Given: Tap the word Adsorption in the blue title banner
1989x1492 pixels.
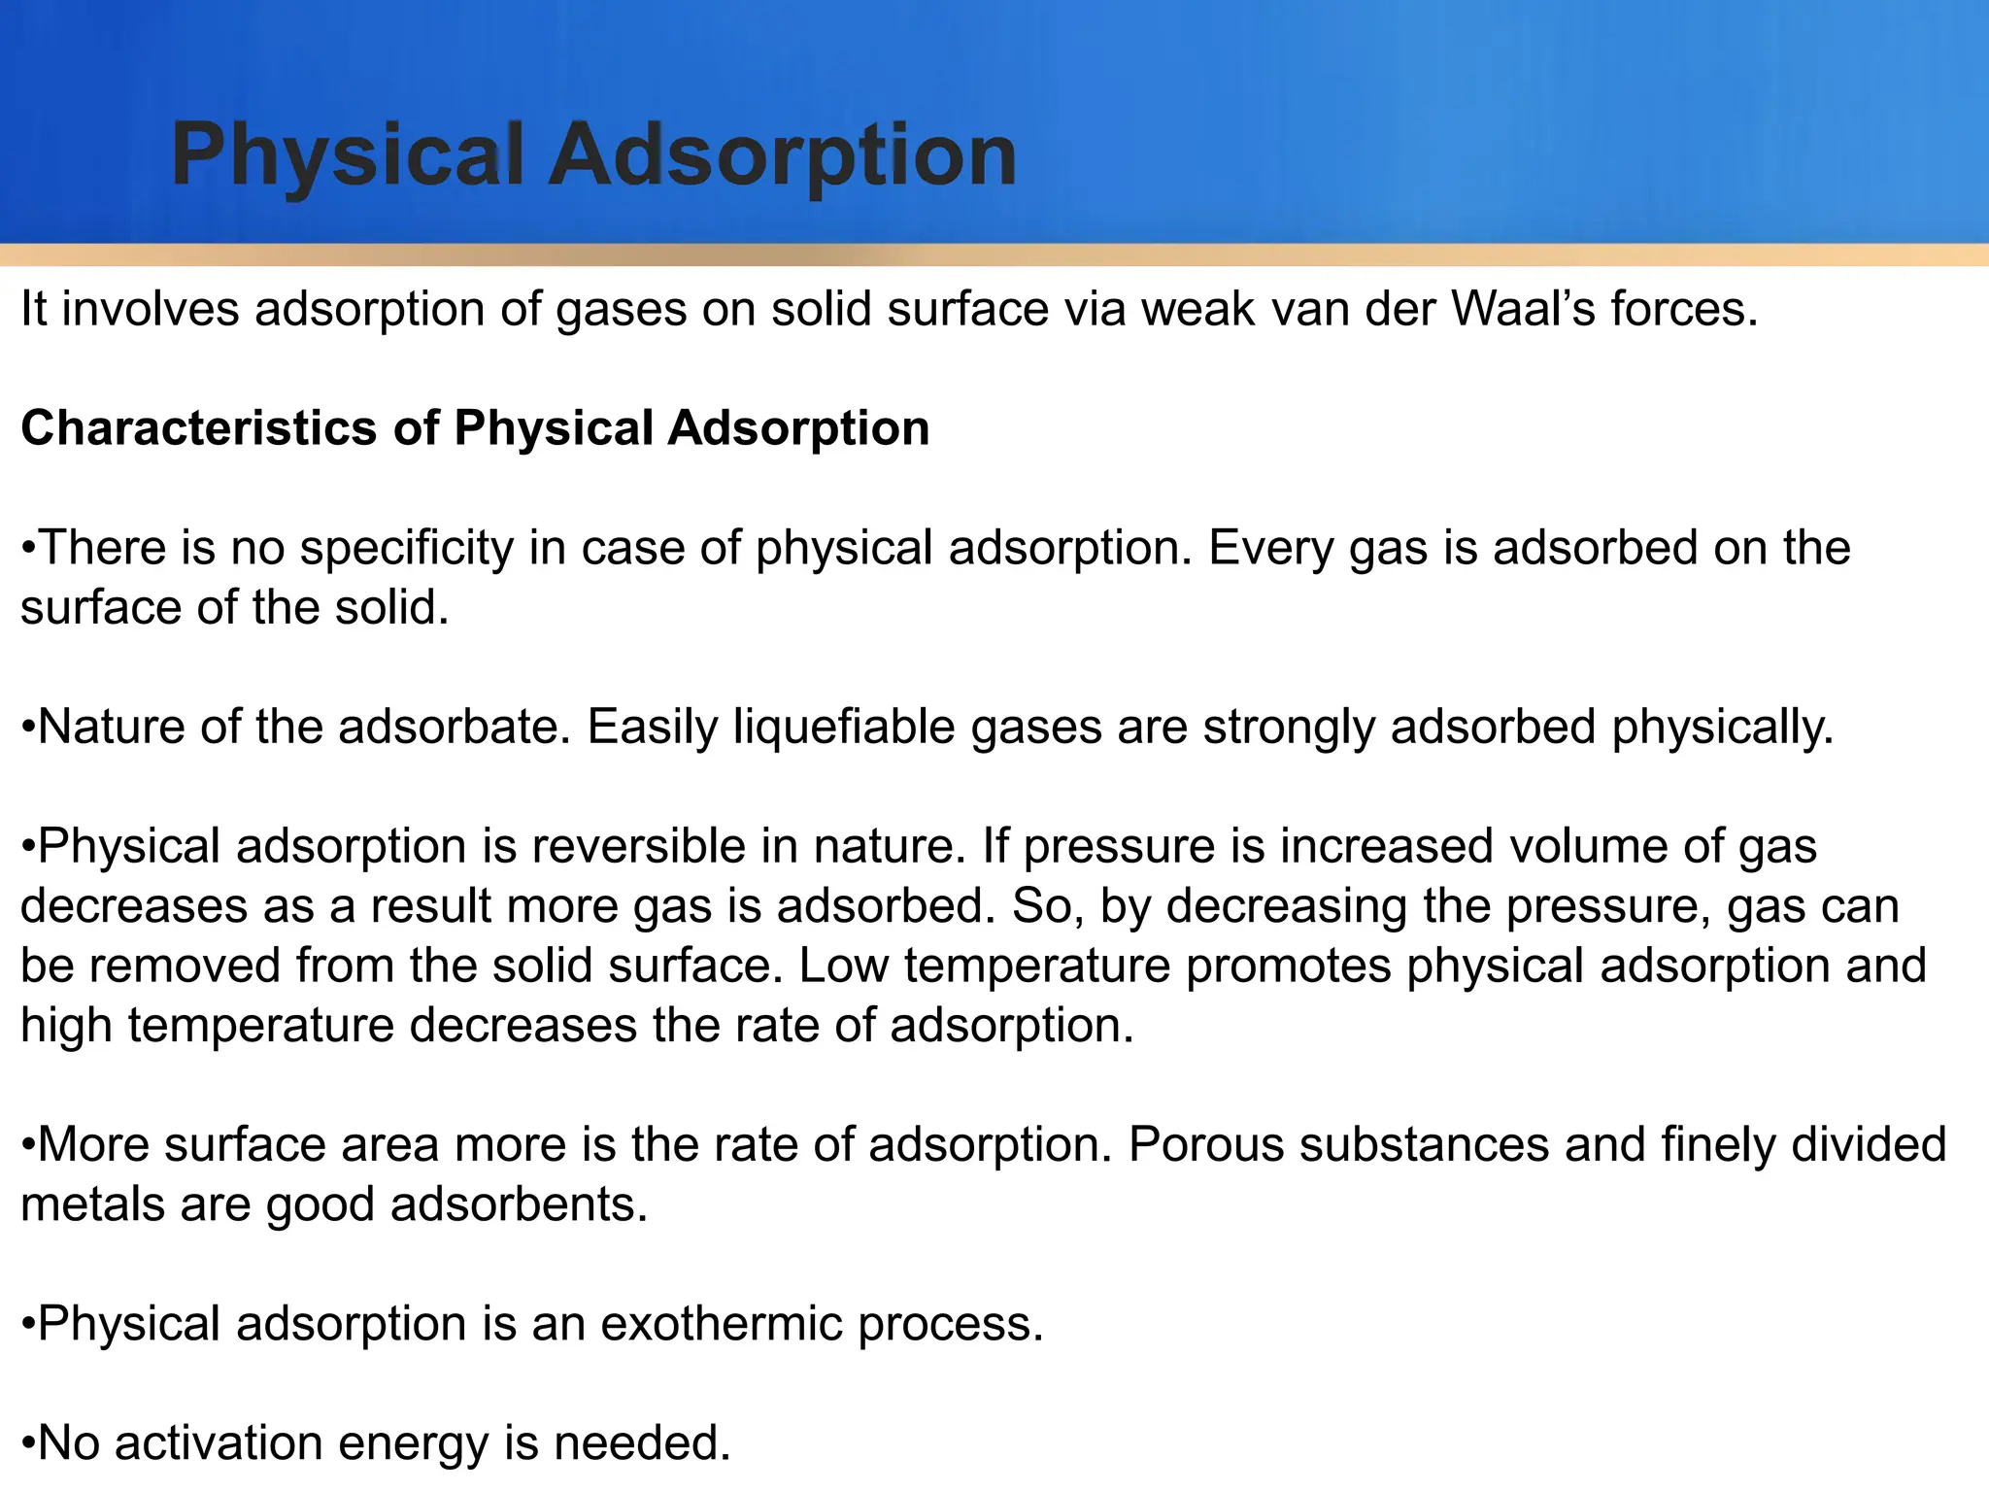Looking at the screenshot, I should [783, 155].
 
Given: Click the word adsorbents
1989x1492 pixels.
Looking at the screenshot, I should [519, 1205].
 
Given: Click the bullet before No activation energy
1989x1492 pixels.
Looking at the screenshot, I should [28, 1444].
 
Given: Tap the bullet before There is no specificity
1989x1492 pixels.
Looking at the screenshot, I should [28, 549].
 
